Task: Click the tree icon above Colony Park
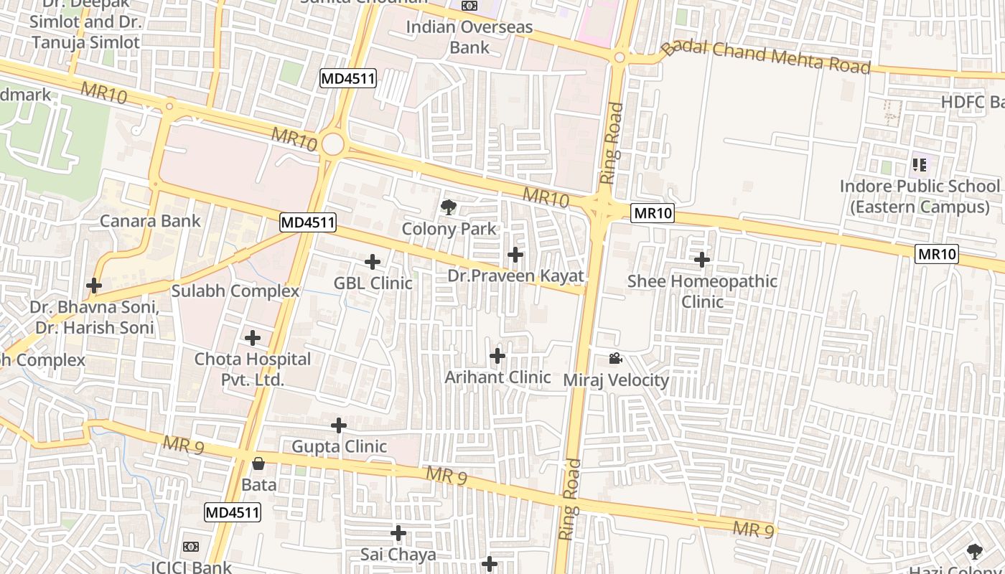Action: [x=449, y=208]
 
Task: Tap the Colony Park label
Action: [x=449, y=229]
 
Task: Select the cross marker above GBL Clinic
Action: [x=373, y=262]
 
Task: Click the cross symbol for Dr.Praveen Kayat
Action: [x=515, y=255]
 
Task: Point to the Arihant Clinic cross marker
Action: [x=497, y=356]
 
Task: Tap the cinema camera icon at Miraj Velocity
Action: [x=615, y=359]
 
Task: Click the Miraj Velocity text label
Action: [x=616, y=380]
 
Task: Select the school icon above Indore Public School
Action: [x=920, y=166]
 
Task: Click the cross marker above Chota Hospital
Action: [x=253, y=338]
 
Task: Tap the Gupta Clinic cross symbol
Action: [x=339, y=426]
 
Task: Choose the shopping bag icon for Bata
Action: [x=258, y=464]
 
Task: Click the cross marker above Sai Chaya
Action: [x=398, y=533]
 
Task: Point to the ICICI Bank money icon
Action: [x=191, y=547]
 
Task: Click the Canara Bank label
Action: [x=150, y=220]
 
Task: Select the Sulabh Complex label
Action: [x=235, y=291]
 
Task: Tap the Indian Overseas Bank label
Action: [x=469, y=37]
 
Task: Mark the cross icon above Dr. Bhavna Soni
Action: [x=94, y=286]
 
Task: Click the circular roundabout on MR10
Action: [x=332, y=143]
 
